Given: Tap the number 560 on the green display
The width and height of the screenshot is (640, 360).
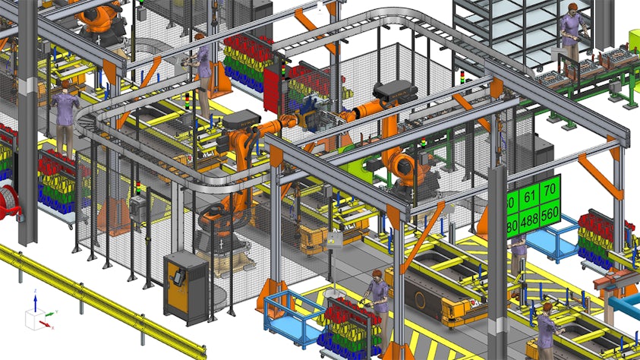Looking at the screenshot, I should pos(549,212).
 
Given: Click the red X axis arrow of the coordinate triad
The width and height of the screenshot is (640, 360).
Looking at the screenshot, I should pos(47,325).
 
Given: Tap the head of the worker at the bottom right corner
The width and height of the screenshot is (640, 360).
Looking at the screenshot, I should pos(546,308).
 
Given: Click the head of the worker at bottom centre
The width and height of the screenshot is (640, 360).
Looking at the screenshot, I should pos(377,274).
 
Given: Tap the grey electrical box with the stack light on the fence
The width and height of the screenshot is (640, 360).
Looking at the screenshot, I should pos(138,205).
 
